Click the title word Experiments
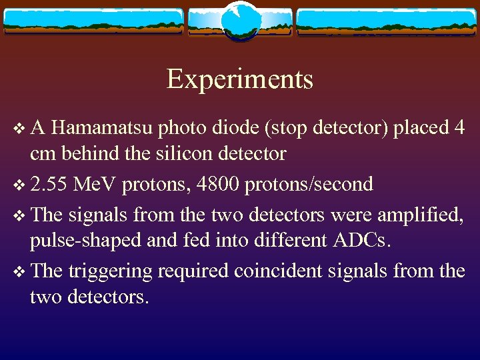[x=239, y=79]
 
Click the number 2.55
[x=49, y=183]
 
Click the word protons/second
[x=309, y=183]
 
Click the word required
[x=206, y=271]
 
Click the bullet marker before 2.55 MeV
[x=18, y=185]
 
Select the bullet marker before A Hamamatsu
[x=18, y=128]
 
